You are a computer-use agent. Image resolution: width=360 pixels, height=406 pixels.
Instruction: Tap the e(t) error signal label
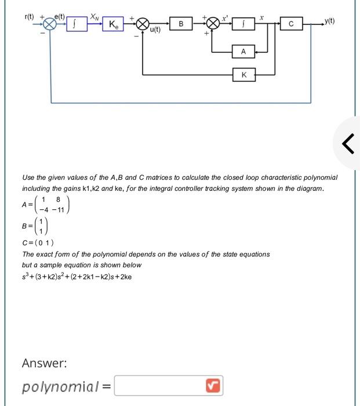click(x=60, y=17)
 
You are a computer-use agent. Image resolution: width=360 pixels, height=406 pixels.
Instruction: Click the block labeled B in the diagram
click(x=181, y=24)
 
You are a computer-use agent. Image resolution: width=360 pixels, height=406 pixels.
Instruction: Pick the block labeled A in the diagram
click(x=243, y=52)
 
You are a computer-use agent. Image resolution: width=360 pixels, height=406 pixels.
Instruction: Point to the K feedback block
click(x=243, y=75)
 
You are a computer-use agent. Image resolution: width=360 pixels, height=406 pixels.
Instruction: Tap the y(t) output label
click(x=330, y=22)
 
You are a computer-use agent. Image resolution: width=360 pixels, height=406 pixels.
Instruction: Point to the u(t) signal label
click(x=155, y=30)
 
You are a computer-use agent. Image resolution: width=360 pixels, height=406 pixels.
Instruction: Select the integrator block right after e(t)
click(x=77, y=24)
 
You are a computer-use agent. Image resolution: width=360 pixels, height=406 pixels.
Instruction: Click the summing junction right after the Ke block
click(x=142, y=24)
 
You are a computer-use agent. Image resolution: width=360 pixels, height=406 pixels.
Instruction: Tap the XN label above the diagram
click(x=93, y=18)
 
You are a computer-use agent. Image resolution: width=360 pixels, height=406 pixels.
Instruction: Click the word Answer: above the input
click(x=44, y=363)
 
